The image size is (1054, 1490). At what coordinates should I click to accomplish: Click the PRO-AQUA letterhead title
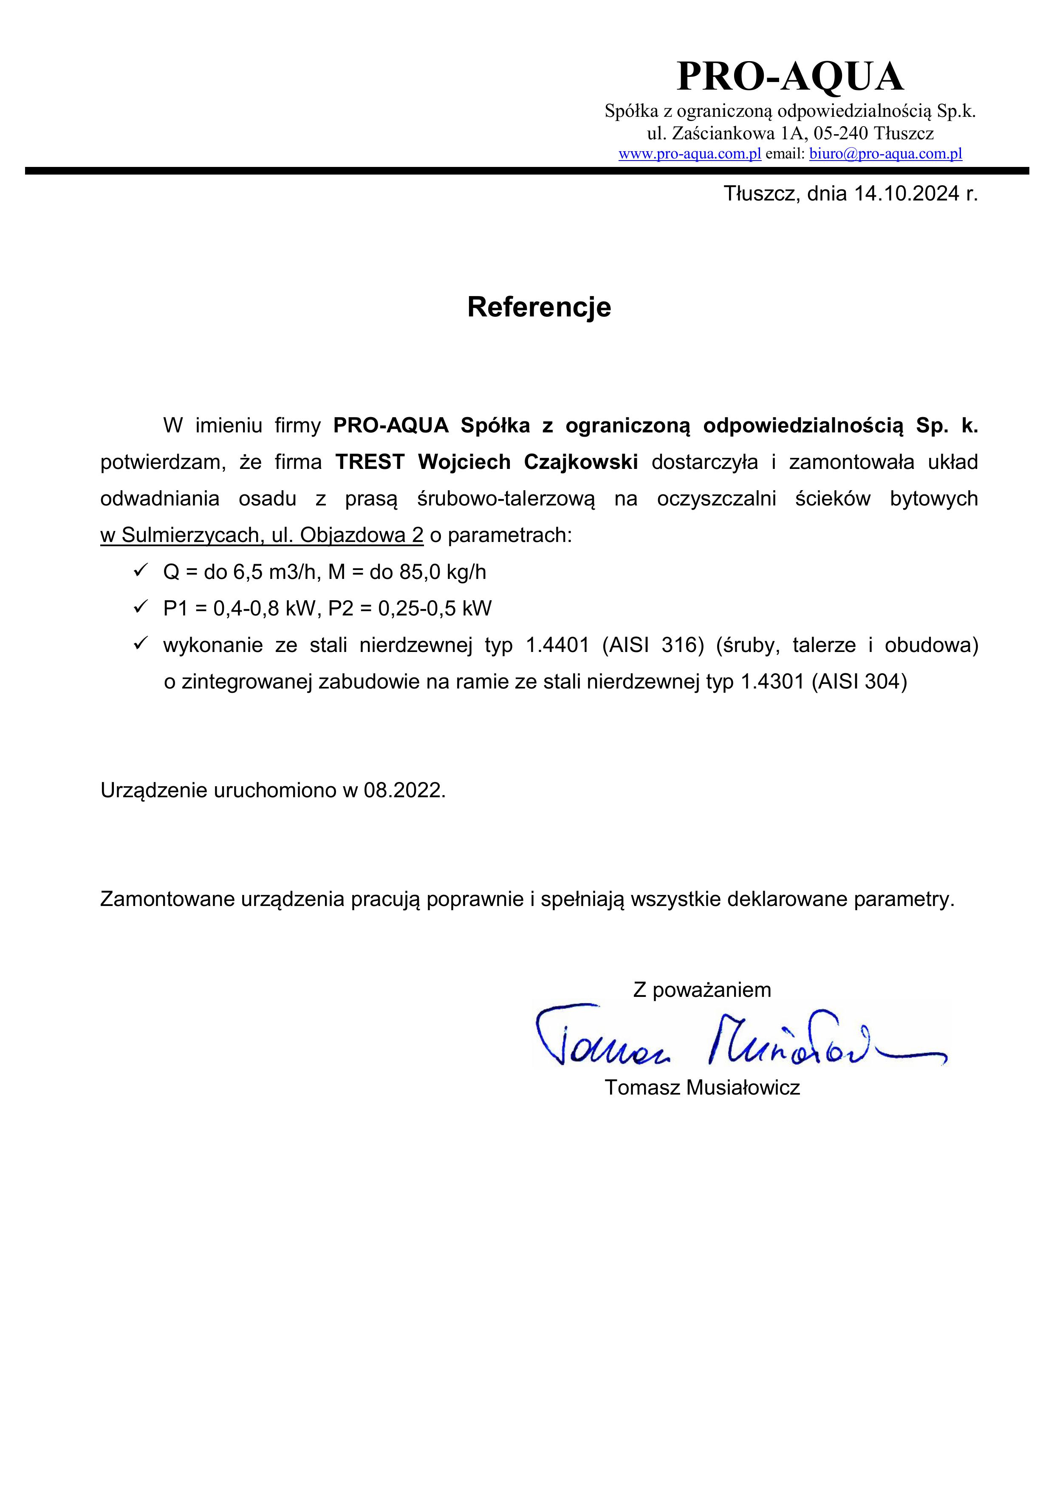click(x=789, y=76)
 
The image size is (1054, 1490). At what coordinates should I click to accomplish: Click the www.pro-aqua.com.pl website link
click(x=689, y=154)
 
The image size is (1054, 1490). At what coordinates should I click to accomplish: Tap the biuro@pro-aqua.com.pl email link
click(x=885, y=154)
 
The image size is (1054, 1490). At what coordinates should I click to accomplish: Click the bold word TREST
click(x=369, y=462)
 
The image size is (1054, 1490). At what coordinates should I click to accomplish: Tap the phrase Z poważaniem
click(x=701, y=990)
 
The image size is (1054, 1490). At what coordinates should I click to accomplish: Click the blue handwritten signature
click(x=733, y=1038)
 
